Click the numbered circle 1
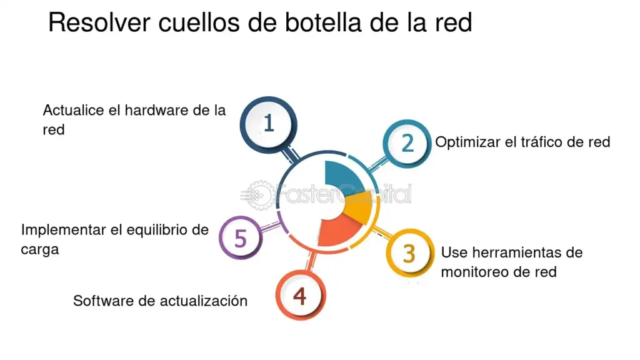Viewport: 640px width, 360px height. tap(269, 124)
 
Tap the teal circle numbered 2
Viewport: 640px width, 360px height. tap(407, 143)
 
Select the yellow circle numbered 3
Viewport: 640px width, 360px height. tap(409, 254)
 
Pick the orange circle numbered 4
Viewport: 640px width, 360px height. tap(300, 296)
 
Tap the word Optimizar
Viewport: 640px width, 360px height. tap(468, 142)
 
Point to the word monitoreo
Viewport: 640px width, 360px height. tap(476, 272)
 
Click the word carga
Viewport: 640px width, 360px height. tap(39, 249)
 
